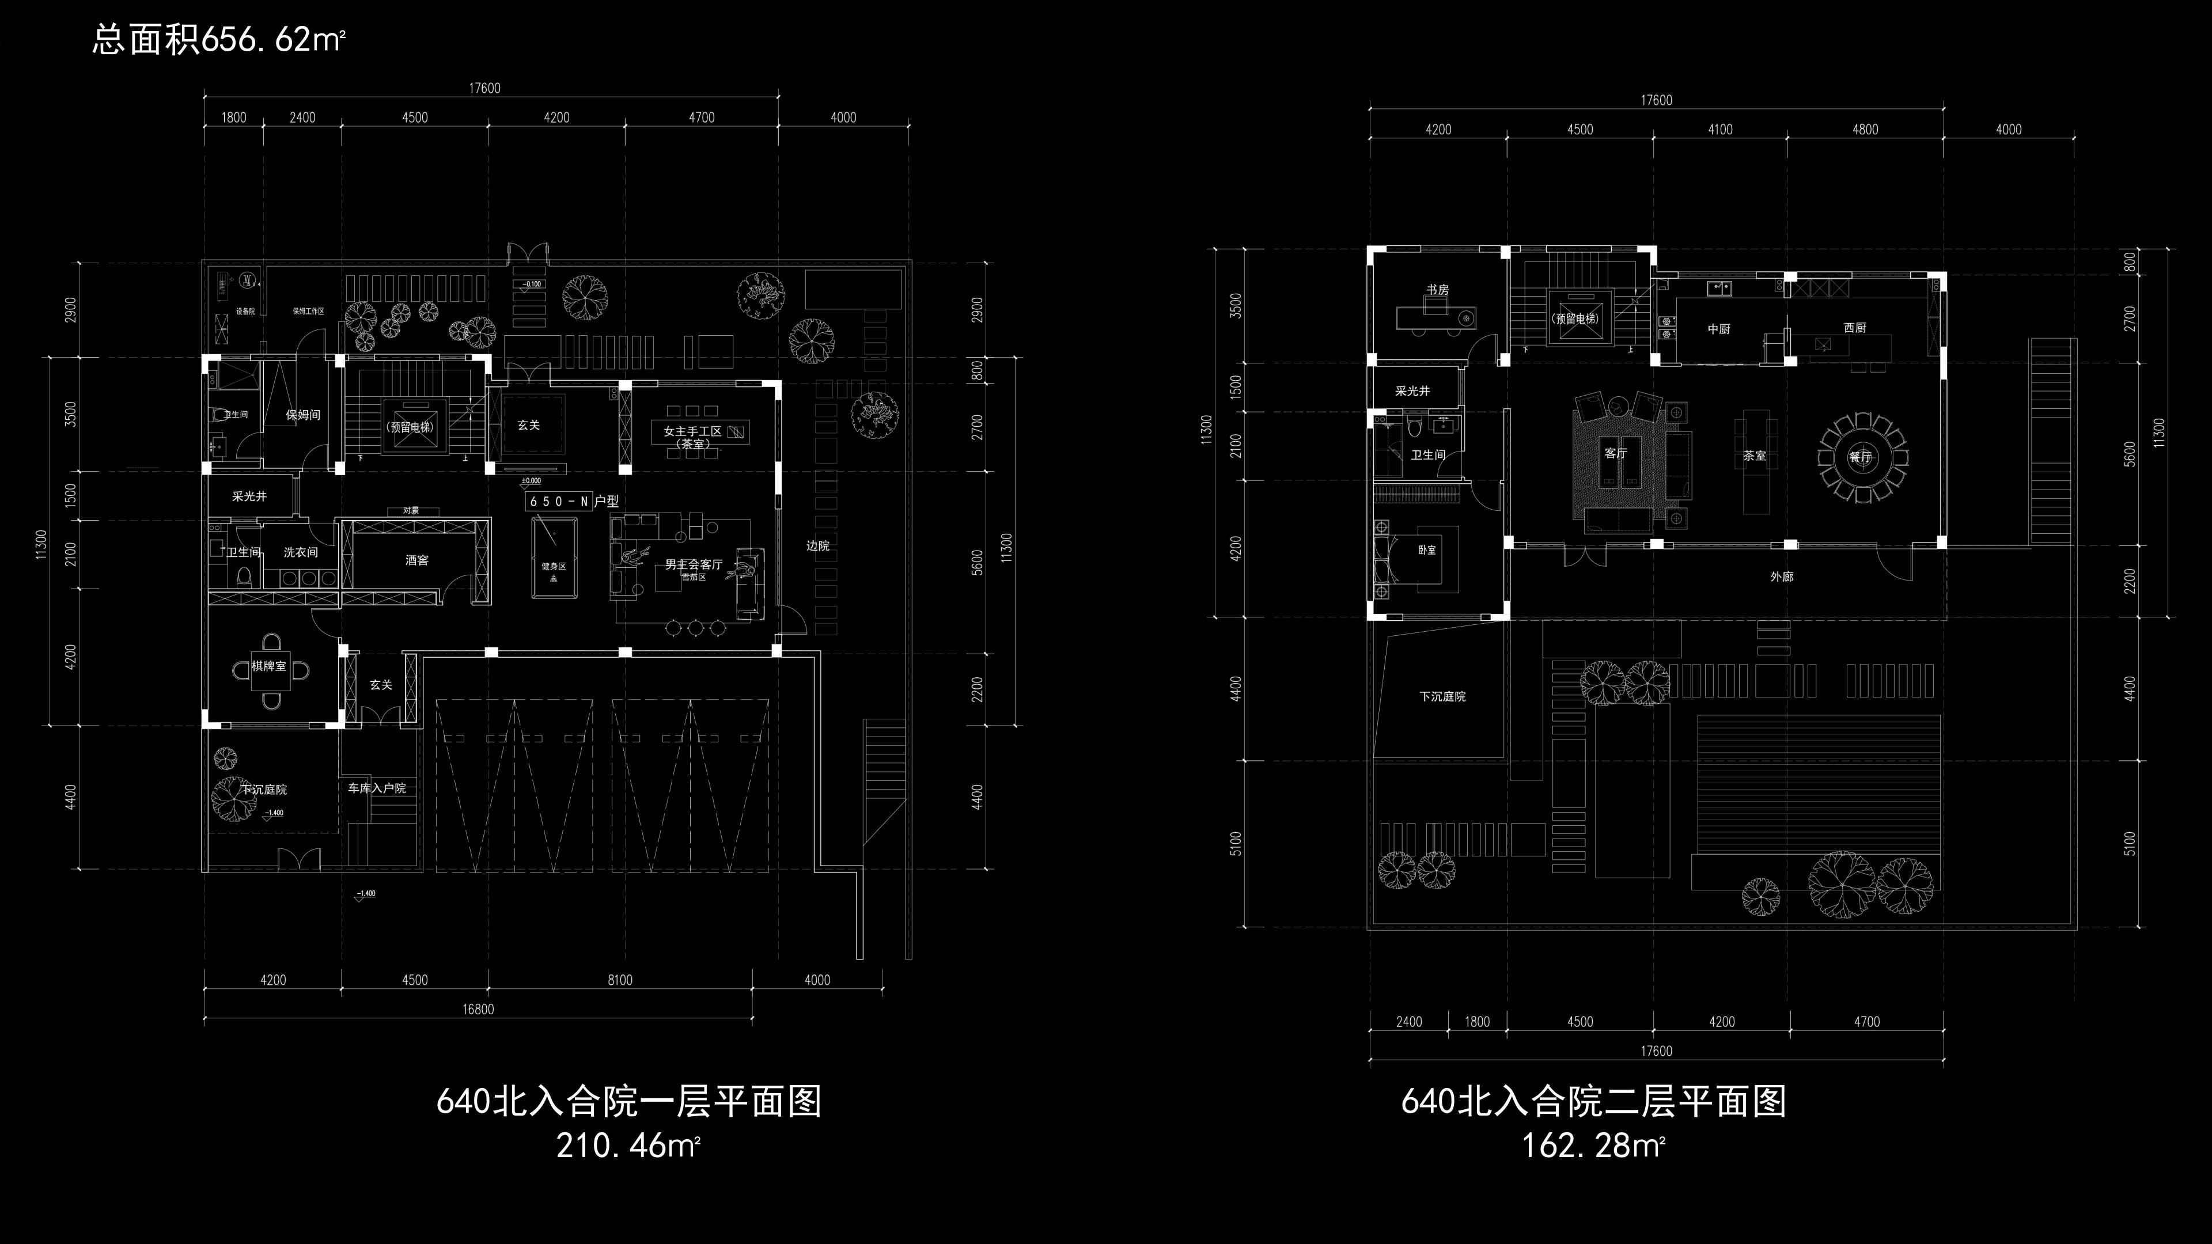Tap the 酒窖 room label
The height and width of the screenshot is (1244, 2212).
[x=416, y=560]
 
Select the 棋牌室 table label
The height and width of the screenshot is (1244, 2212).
[x=270, y=666]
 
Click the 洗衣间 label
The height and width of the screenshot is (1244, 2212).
[x=301, y=552]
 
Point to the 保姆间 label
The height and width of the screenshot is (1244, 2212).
[x=303, y=415]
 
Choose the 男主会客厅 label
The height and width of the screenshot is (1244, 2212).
[x=693, y=564]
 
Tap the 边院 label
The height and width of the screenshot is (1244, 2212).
[x=817, y=546]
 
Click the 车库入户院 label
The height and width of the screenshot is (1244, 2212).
[x=376, y=788]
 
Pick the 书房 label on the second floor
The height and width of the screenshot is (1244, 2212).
[x=1437, y=290]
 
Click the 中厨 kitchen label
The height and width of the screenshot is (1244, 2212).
[x=1718, y=329]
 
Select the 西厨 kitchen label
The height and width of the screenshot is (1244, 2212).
[x=1855, y=328]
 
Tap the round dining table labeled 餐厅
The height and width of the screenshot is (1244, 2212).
[x=1861, y=458]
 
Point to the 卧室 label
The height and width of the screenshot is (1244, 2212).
[x=1426, y=549]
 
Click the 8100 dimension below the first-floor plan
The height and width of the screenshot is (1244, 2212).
[x=620, y=980]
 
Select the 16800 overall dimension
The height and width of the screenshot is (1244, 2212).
[x=478, y=1009]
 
